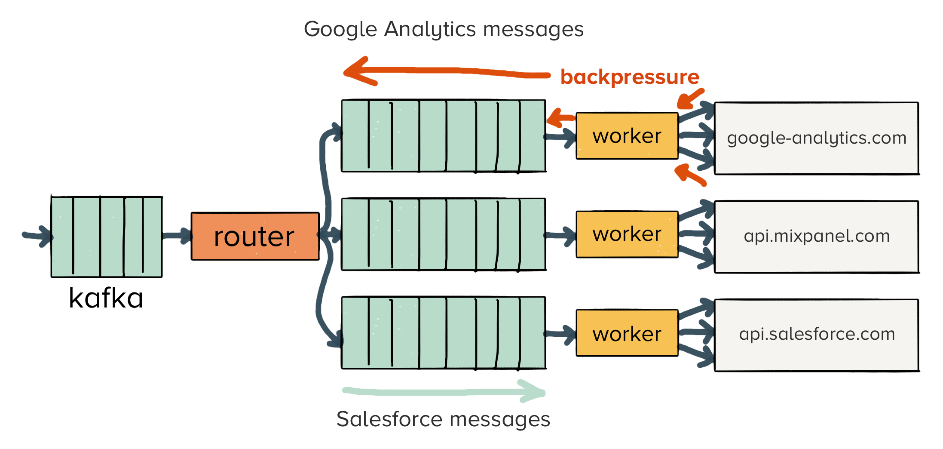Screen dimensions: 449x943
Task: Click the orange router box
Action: coord(255,236)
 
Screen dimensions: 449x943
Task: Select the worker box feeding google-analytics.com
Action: coord(627,136)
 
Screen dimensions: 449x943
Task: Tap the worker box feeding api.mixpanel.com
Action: coord(627,234)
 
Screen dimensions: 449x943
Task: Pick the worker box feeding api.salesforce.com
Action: coord(627,333)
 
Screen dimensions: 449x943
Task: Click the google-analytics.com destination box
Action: coord(816,138)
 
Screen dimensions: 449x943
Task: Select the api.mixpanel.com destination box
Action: coord(816,236)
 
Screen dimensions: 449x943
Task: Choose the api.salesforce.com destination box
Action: coord(816,334)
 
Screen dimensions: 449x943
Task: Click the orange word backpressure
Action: coord(630,77)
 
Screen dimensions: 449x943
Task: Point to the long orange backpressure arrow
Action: coord(447,72)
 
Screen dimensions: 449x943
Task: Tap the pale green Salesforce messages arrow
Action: coord(443,392)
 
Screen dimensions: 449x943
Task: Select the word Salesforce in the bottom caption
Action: coord(389,419)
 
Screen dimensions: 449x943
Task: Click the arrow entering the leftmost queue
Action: coord(37,236)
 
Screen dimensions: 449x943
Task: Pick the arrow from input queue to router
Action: coord(177,235)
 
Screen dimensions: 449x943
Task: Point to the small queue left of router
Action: coord(106,236)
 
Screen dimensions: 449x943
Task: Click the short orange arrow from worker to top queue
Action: coord(560,118)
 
